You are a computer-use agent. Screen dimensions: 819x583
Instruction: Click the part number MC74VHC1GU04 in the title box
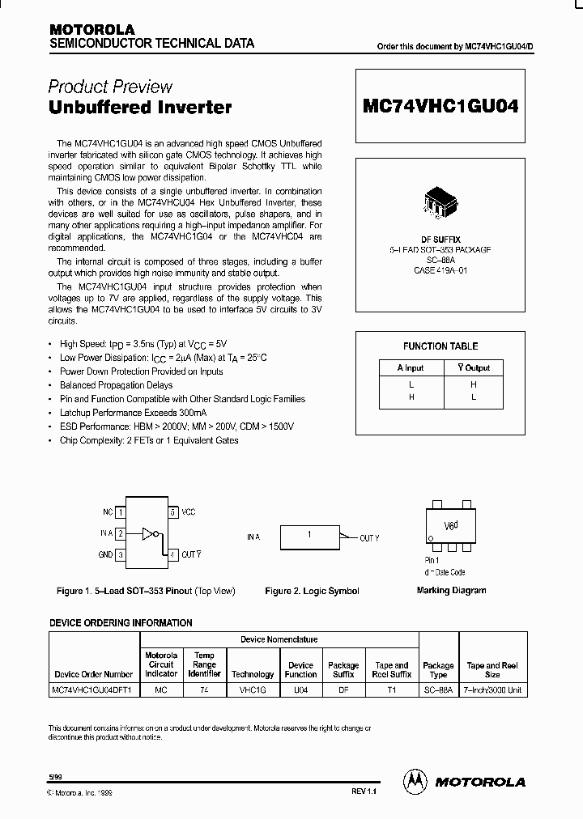441,106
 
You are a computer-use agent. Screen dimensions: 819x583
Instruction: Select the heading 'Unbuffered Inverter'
140,107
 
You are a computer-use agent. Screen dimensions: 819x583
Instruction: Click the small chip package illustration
441,204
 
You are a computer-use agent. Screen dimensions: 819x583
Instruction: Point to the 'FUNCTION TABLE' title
440,346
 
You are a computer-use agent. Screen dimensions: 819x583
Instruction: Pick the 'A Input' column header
411,368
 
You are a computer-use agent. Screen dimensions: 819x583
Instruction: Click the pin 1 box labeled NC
120,512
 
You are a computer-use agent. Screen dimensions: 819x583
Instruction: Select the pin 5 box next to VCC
172,512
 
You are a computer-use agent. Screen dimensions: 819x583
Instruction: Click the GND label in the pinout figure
104,555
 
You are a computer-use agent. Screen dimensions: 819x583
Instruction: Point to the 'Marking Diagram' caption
451,590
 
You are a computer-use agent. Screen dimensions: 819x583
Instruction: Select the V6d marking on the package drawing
451,524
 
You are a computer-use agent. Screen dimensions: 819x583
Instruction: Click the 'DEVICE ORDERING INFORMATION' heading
121,623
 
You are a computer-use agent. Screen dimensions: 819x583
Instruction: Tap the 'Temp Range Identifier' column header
204,664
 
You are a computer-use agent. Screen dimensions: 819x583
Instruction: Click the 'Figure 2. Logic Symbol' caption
312,591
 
